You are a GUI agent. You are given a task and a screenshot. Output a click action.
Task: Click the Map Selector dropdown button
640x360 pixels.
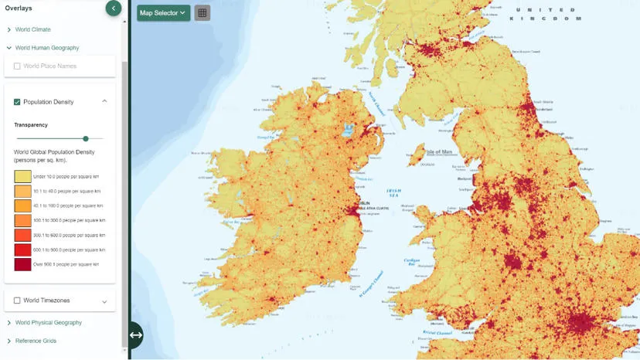pos(163,12)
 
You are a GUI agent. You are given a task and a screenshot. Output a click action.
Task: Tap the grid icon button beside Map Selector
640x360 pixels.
pos(202,12)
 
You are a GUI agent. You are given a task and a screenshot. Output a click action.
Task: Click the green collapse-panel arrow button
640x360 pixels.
pos(114,8)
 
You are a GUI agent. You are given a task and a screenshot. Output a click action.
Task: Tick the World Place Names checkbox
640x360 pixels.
pos(18,66)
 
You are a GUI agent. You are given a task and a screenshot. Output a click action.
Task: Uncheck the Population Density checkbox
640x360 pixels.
pos(18,102)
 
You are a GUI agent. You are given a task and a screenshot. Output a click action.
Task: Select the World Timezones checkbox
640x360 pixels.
pos(18,301)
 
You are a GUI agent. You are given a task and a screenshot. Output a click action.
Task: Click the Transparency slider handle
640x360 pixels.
pos(86,139)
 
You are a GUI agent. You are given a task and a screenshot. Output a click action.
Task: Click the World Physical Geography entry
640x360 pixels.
pos(48,322)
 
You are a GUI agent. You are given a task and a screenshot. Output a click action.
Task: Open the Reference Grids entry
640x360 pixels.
pos(36,341)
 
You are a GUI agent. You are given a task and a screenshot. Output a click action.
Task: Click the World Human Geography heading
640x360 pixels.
pos(46,48)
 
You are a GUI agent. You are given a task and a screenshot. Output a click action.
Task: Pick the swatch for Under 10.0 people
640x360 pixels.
pos(22,176)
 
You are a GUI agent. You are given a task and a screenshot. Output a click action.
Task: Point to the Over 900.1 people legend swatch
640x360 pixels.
pos(22,264)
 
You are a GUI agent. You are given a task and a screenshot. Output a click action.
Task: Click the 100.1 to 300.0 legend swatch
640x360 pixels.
pos(22,220)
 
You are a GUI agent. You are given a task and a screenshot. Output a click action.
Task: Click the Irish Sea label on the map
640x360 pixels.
pos(394,195)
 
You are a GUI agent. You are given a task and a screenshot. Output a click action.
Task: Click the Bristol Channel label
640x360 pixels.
pos(437,333)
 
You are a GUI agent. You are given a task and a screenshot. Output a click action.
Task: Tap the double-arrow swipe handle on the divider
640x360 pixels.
pos(135,335)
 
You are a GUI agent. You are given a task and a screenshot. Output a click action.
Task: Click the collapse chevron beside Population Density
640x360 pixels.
pos(104,101)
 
